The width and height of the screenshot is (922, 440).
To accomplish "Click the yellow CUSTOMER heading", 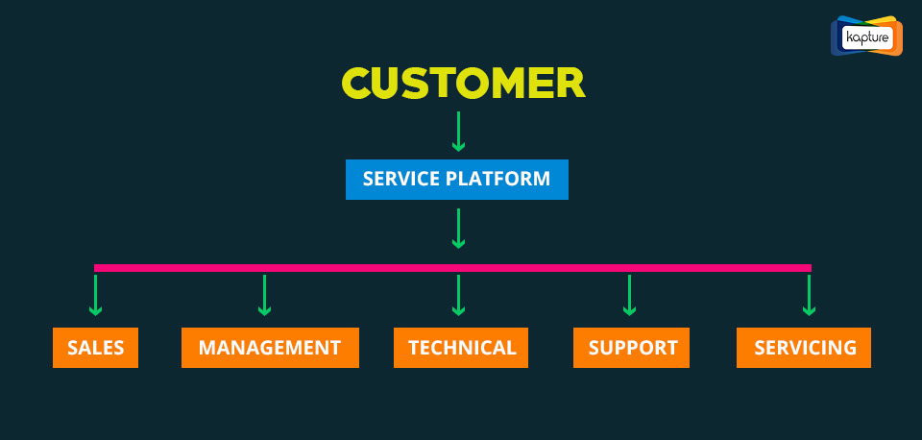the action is click(x=463, y=83).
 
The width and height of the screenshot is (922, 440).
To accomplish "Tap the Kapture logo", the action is click(x=866, y=37).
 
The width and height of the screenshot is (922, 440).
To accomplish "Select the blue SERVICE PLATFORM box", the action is click(x=457, y=180).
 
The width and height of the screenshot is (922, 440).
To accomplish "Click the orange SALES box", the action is click(x=95, y=348).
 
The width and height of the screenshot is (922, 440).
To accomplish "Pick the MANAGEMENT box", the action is click(x=270, y=348).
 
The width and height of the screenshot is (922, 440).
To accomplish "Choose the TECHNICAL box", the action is click(x=461, y=348).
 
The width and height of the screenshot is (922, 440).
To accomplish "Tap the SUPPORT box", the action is click(x=632, y=348).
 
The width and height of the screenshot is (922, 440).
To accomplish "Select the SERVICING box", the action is click(x=804, y=348).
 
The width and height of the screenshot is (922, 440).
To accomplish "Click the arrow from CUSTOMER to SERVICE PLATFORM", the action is click(x=458, y=132).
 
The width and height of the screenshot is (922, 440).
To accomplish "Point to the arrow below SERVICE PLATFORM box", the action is click(x=458, y=229).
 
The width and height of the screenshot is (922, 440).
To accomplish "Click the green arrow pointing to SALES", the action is click(x=95, y=295).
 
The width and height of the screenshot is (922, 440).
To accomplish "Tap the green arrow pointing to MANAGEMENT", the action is click(x=265, y=295).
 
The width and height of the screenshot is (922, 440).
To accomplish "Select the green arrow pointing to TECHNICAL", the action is click(x=458, y=295).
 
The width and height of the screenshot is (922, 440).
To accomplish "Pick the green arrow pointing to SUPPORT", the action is click(x=629, y=295).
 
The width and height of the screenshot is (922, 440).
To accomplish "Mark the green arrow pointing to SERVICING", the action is click(x=809, y=295).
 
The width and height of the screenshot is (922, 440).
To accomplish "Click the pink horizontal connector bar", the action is click(x=452, y=268).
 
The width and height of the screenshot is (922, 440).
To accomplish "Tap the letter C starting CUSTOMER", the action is click(x=357, y=83).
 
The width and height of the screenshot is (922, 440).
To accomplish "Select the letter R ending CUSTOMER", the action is click(x=570, y=83).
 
